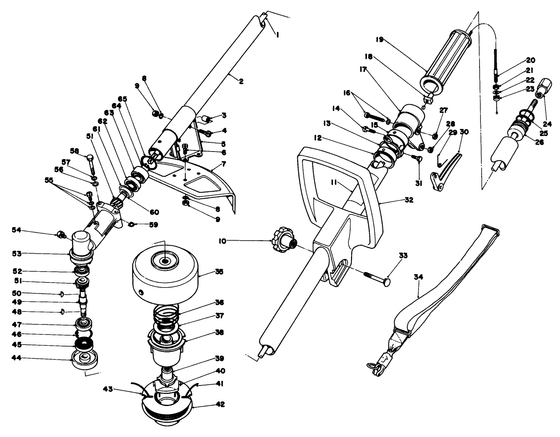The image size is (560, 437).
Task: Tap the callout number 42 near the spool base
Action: (x=220, y=404)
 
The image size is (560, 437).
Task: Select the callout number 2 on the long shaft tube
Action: (x=241, y=82)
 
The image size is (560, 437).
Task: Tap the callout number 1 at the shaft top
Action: (x=277, y=36)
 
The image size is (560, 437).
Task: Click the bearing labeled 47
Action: (x=83, y=324)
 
